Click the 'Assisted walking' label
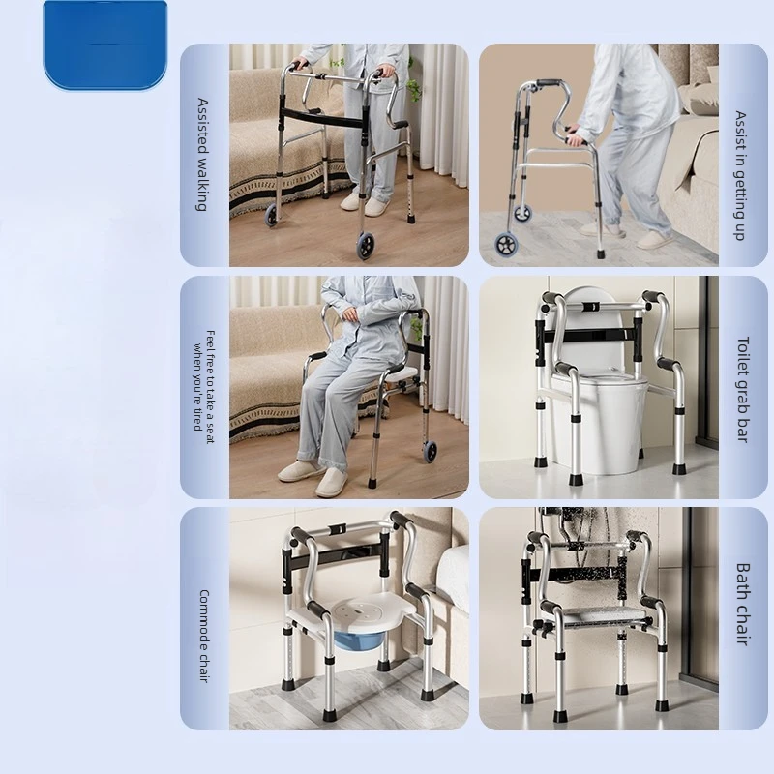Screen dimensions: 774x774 click(x=203, y=154)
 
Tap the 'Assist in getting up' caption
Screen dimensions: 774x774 click(x=741, y=174)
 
